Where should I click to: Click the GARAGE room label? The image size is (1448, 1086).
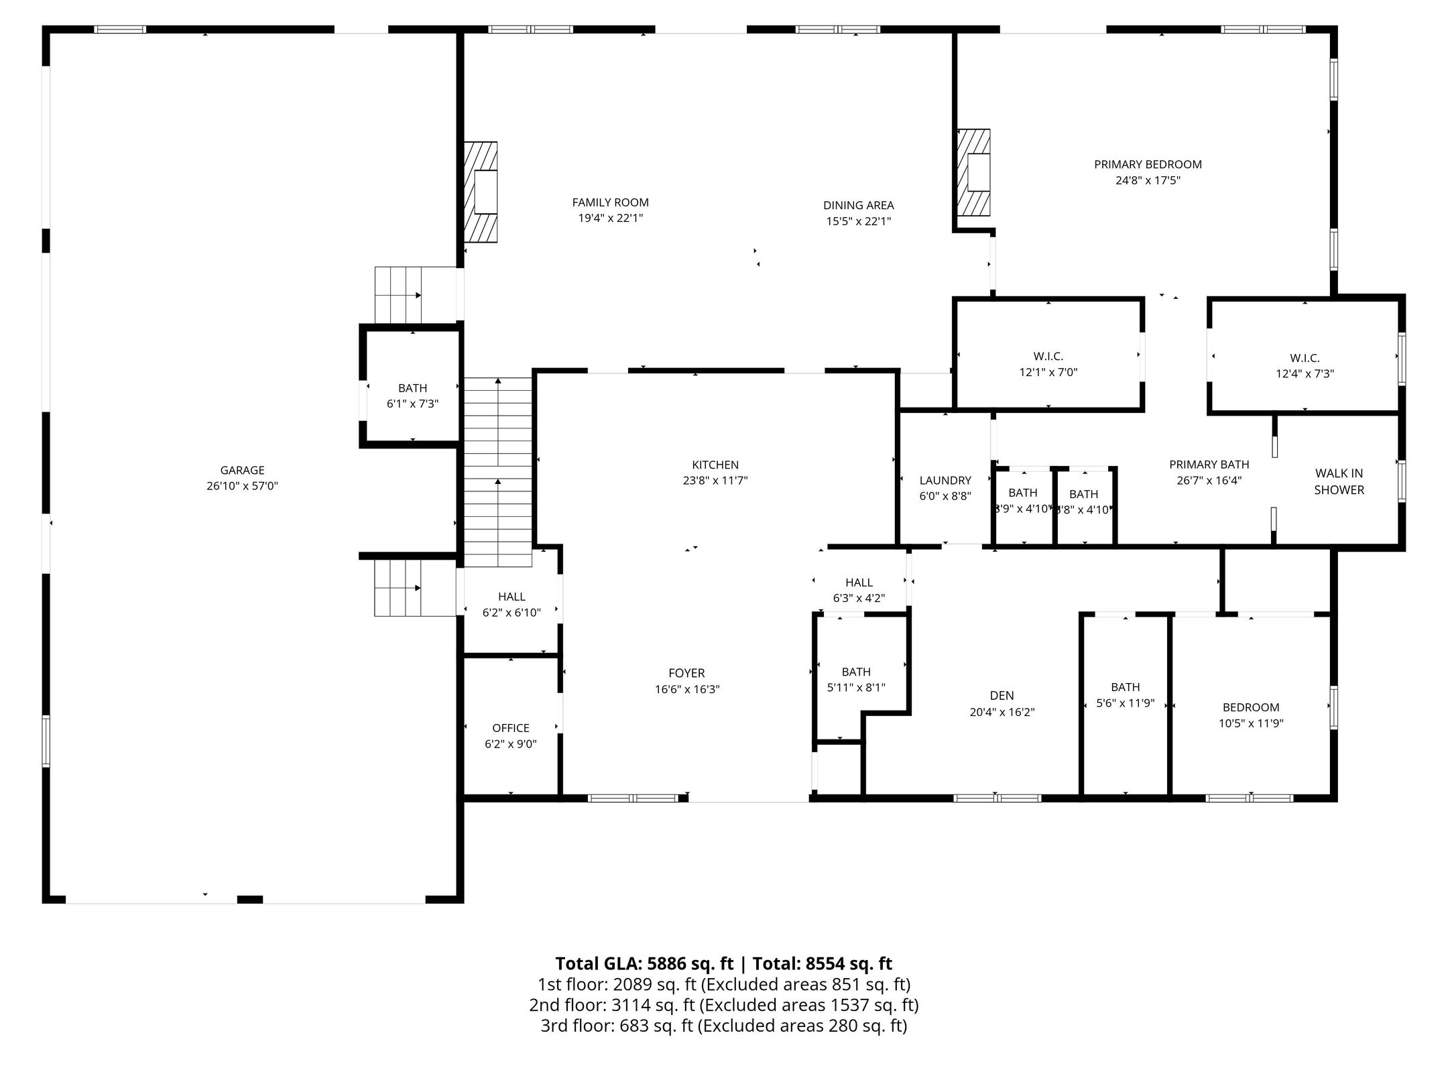click(x=242, y=471)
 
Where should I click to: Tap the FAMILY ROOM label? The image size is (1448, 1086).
click(x=610, y=202)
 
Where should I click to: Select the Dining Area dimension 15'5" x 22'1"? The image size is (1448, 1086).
click(x=858, y=221)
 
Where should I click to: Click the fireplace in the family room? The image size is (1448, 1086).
click(x=481, y=191)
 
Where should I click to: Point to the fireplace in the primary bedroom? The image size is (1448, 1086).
click(x=973, y=172)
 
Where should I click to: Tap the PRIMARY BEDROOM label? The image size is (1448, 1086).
click(x=1148, y=164)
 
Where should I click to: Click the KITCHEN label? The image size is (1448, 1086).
click(x=715, y=465)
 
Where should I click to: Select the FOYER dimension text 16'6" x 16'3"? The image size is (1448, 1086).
click(x=687, y=689)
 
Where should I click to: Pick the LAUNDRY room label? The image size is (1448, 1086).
click(x=945, y=480)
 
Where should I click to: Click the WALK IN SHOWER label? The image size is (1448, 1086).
click(x=1339, y=481)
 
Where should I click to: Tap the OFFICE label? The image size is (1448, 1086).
click(x=511, y=727)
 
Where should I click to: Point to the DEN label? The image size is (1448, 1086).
click(x=1002, y=696)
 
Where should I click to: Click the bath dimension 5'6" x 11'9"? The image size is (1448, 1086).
click(x=1125, y=703)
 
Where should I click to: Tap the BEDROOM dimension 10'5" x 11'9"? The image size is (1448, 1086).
click(x=1251, y=723)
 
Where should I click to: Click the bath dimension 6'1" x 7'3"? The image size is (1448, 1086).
click(x=412, y=404)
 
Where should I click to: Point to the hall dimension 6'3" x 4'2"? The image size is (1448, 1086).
click(x=859, y=599)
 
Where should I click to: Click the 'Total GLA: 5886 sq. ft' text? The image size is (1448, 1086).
click(x=644, y=964)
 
